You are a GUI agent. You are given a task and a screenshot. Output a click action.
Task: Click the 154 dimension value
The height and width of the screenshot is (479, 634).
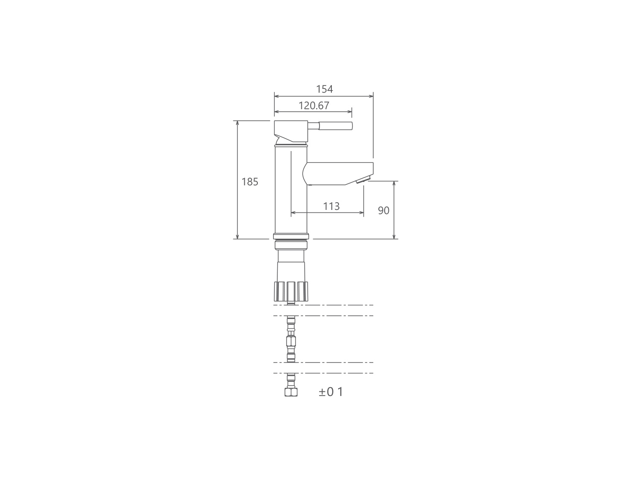pos(324,89)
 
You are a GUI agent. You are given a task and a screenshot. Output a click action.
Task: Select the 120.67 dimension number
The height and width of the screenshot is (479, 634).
pos(314,105)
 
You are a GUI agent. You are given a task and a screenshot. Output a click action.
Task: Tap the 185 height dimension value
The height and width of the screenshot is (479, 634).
pos(249,182)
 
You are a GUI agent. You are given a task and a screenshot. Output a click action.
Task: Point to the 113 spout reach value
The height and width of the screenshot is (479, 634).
pos(331,206)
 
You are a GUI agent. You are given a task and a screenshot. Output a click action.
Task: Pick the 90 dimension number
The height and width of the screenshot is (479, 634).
pos(384,210)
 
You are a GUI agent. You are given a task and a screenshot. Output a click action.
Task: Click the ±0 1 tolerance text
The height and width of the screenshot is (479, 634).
pos(331,392)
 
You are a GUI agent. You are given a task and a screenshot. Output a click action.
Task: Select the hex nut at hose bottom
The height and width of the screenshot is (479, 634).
pos(291,392)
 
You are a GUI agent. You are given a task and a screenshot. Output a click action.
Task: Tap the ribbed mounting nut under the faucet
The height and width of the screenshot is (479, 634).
pos(291,292)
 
